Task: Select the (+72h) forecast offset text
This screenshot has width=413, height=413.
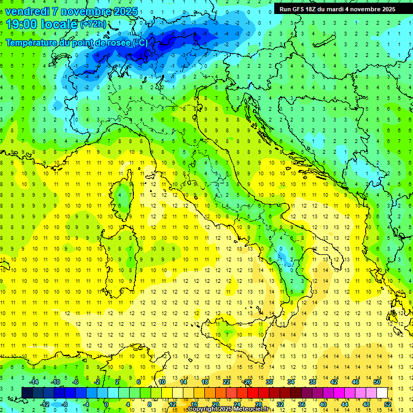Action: tap(93, 24)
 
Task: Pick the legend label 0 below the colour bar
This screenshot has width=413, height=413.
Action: tap(106, 404)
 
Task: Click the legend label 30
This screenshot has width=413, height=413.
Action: tap(269, 381)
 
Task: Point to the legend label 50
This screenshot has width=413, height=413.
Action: tap(377, 381)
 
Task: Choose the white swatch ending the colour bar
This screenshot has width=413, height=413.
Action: tap(382, 393)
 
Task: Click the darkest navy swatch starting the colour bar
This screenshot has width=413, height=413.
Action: tap(27, 393)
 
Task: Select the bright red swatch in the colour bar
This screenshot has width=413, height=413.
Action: tap(253, 393)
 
